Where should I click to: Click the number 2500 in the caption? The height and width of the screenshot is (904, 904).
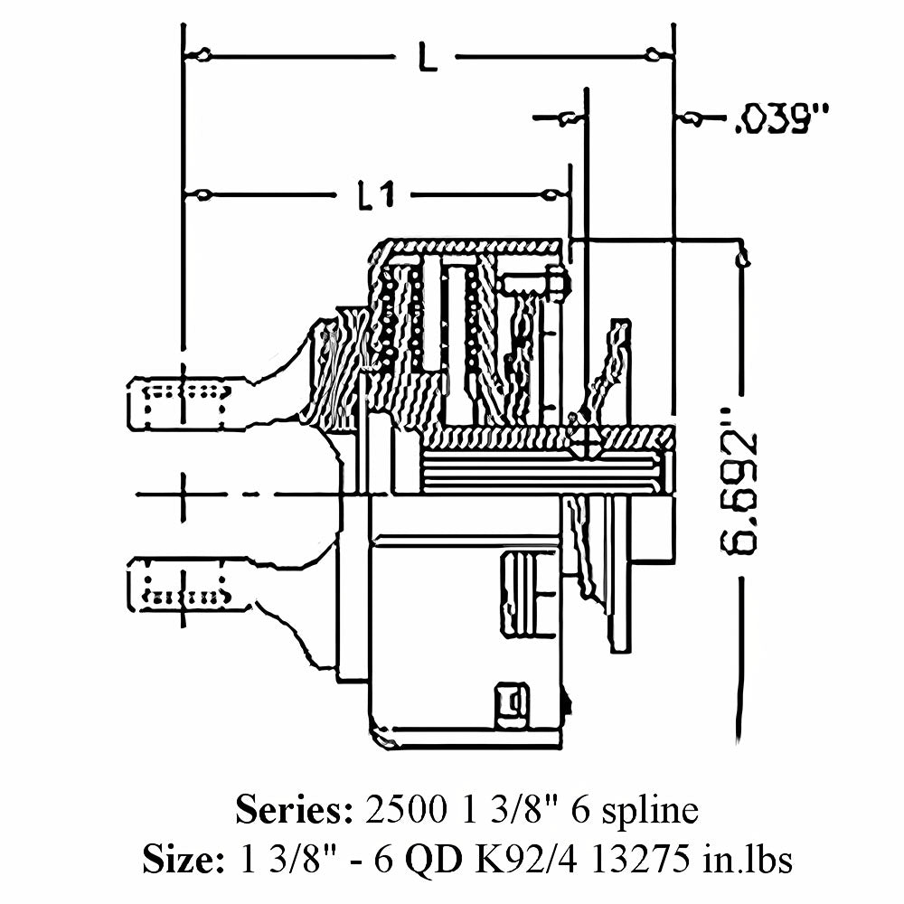400,810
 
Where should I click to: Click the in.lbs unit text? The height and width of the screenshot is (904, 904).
748,860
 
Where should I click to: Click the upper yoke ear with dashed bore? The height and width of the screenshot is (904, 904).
181,403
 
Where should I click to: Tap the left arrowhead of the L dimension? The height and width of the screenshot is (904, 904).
201,56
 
